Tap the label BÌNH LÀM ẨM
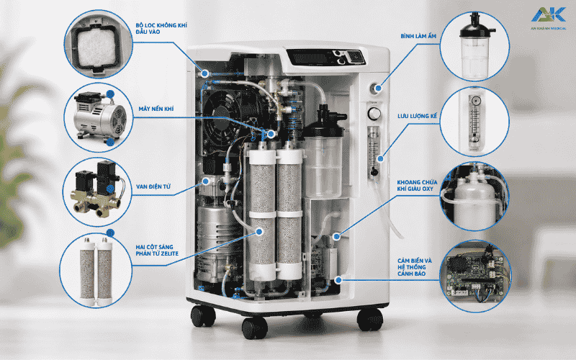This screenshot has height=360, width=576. click(418, 36)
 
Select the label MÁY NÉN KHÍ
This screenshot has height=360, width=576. click(156, 109)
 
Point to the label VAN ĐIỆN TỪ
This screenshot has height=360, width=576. click(153, 186)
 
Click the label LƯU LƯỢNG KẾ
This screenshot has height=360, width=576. click(418, 116)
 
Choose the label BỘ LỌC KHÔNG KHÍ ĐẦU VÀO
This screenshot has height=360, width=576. click(161, 29)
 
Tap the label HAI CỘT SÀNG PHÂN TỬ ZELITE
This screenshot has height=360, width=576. click(157, 250)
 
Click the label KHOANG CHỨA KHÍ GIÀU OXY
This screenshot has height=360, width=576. click(417, 186)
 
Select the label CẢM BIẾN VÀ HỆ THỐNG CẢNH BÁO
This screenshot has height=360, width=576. click(415, 267)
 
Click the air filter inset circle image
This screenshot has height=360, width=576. click(98, 44)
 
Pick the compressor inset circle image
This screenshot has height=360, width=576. click(98, 117)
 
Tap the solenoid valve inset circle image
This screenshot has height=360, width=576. click(97, 192)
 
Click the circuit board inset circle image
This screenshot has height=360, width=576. click(475, 276)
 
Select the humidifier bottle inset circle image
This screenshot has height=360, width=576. click(474, 46)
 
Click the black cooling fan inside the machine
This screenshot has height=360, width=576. click(222, 112)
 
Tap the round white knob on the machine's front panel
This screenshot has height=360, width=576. click(374, 114)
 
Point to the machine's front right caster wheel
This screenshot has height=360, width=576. click(369, 319)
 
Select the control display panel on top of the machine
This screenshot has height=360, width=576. click(325, 58)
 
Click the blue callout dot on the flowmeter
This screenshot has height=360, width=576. click(381, 159)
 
